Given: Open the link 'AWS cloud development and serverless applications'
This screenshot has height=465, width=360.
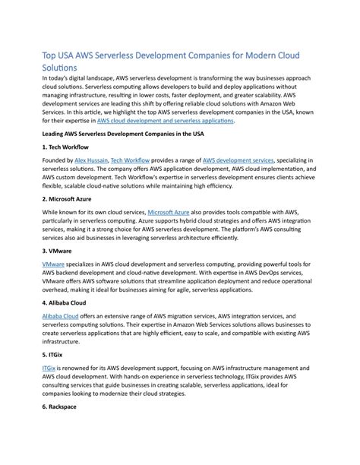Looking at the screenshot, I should tap(166, 120).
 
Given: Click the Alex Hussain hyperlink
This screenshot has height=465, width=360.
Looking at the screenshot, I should tap(90, 161).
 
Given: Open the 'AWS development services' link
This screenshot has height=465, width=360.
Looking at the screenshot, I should tap(238, 161).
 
